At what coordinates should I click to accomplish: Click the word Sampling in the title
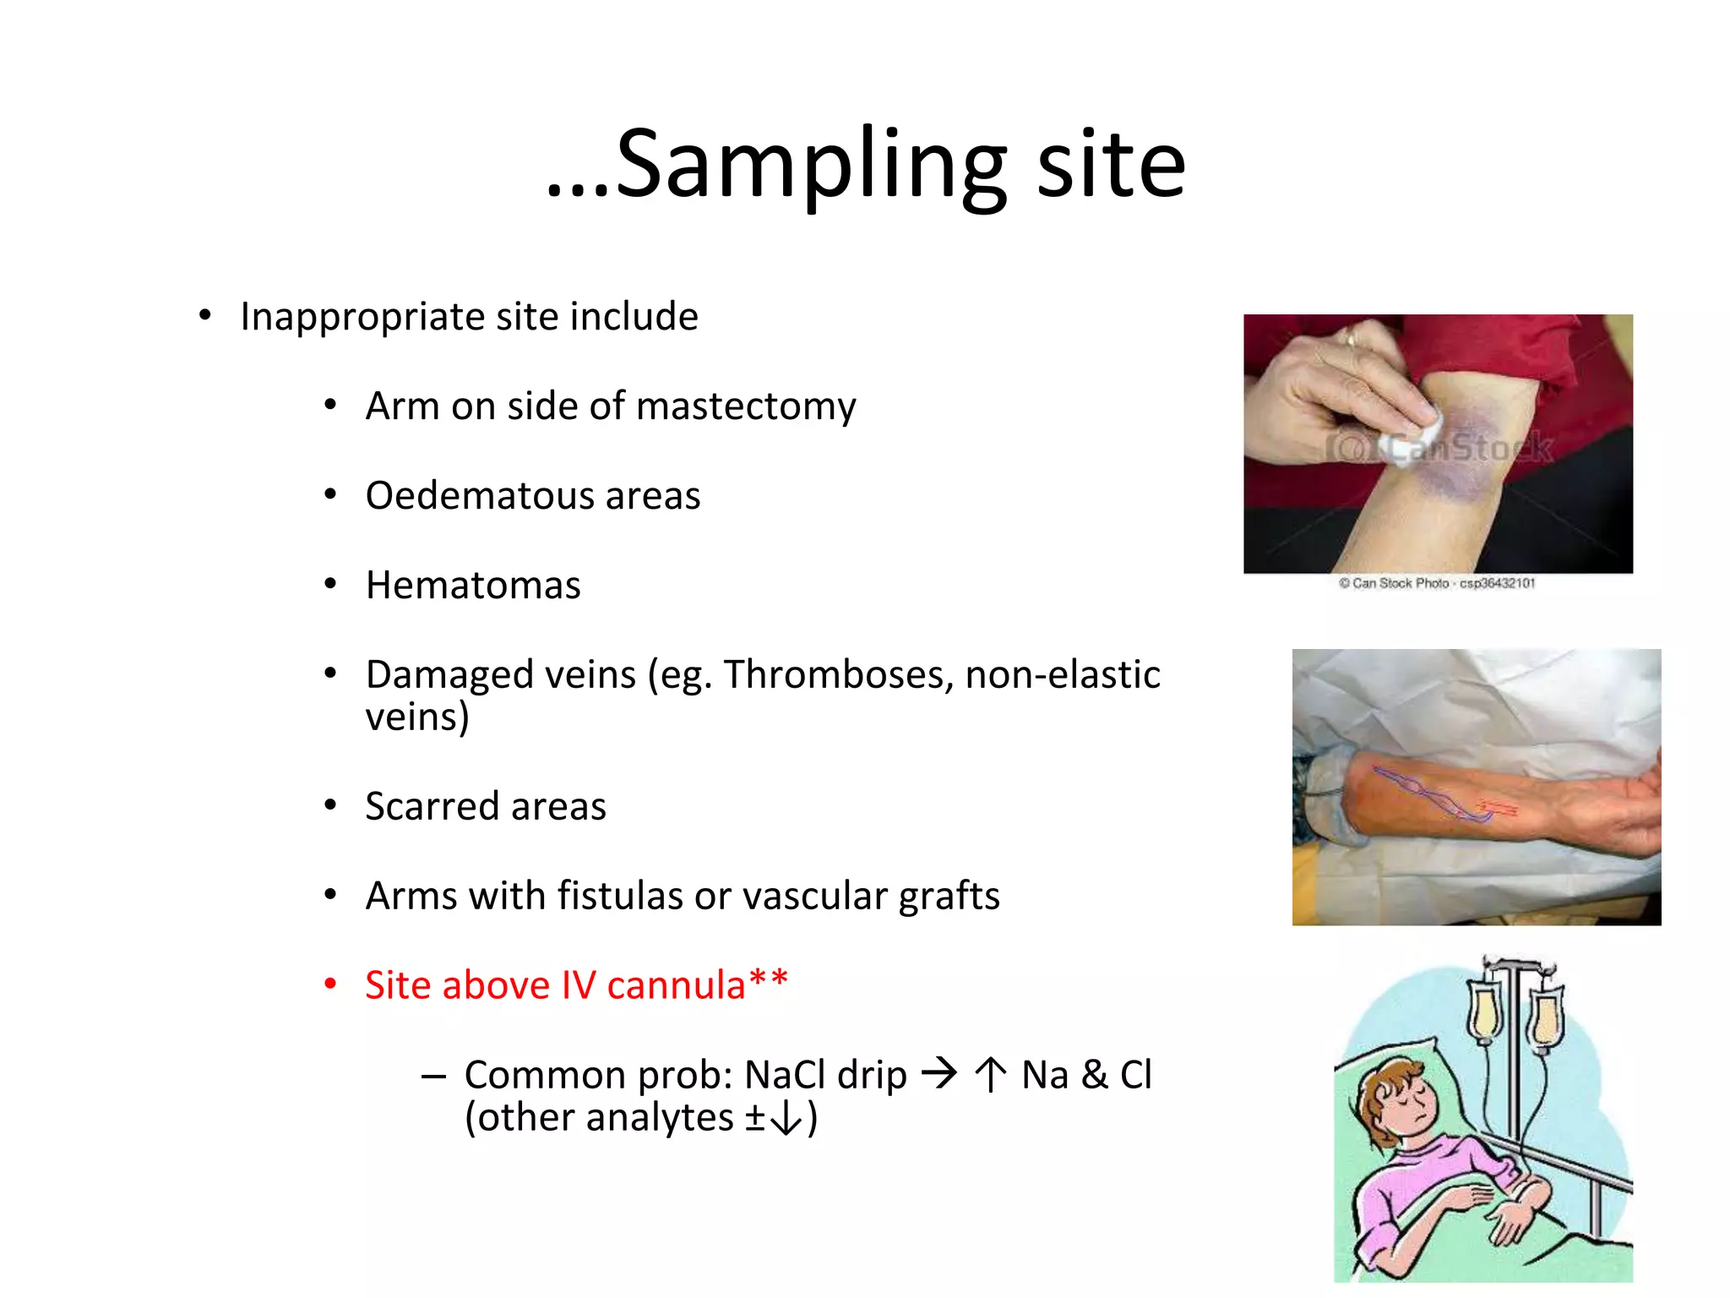(x=811, y=165)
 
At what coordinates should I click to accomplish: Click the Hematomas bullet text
(x=473, y=586)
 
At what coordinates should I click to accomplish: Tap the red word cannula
(x=676, y=985)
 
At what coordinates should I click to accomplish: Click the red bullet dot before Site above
(x=330, y=984)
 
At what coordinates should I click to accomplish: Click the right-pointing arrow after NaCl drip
(x=939, y=1074)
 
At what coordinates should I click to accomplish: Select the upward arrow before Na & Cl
(x=990, y=1075)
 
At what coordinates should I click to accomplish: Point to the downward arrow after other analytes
(x=786, y=1119)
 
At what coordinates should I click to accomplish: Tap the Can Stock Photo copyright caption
(x=1436, y=583)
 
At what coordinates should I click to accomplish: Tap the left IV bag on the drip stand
(x=1485, y=1010)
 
